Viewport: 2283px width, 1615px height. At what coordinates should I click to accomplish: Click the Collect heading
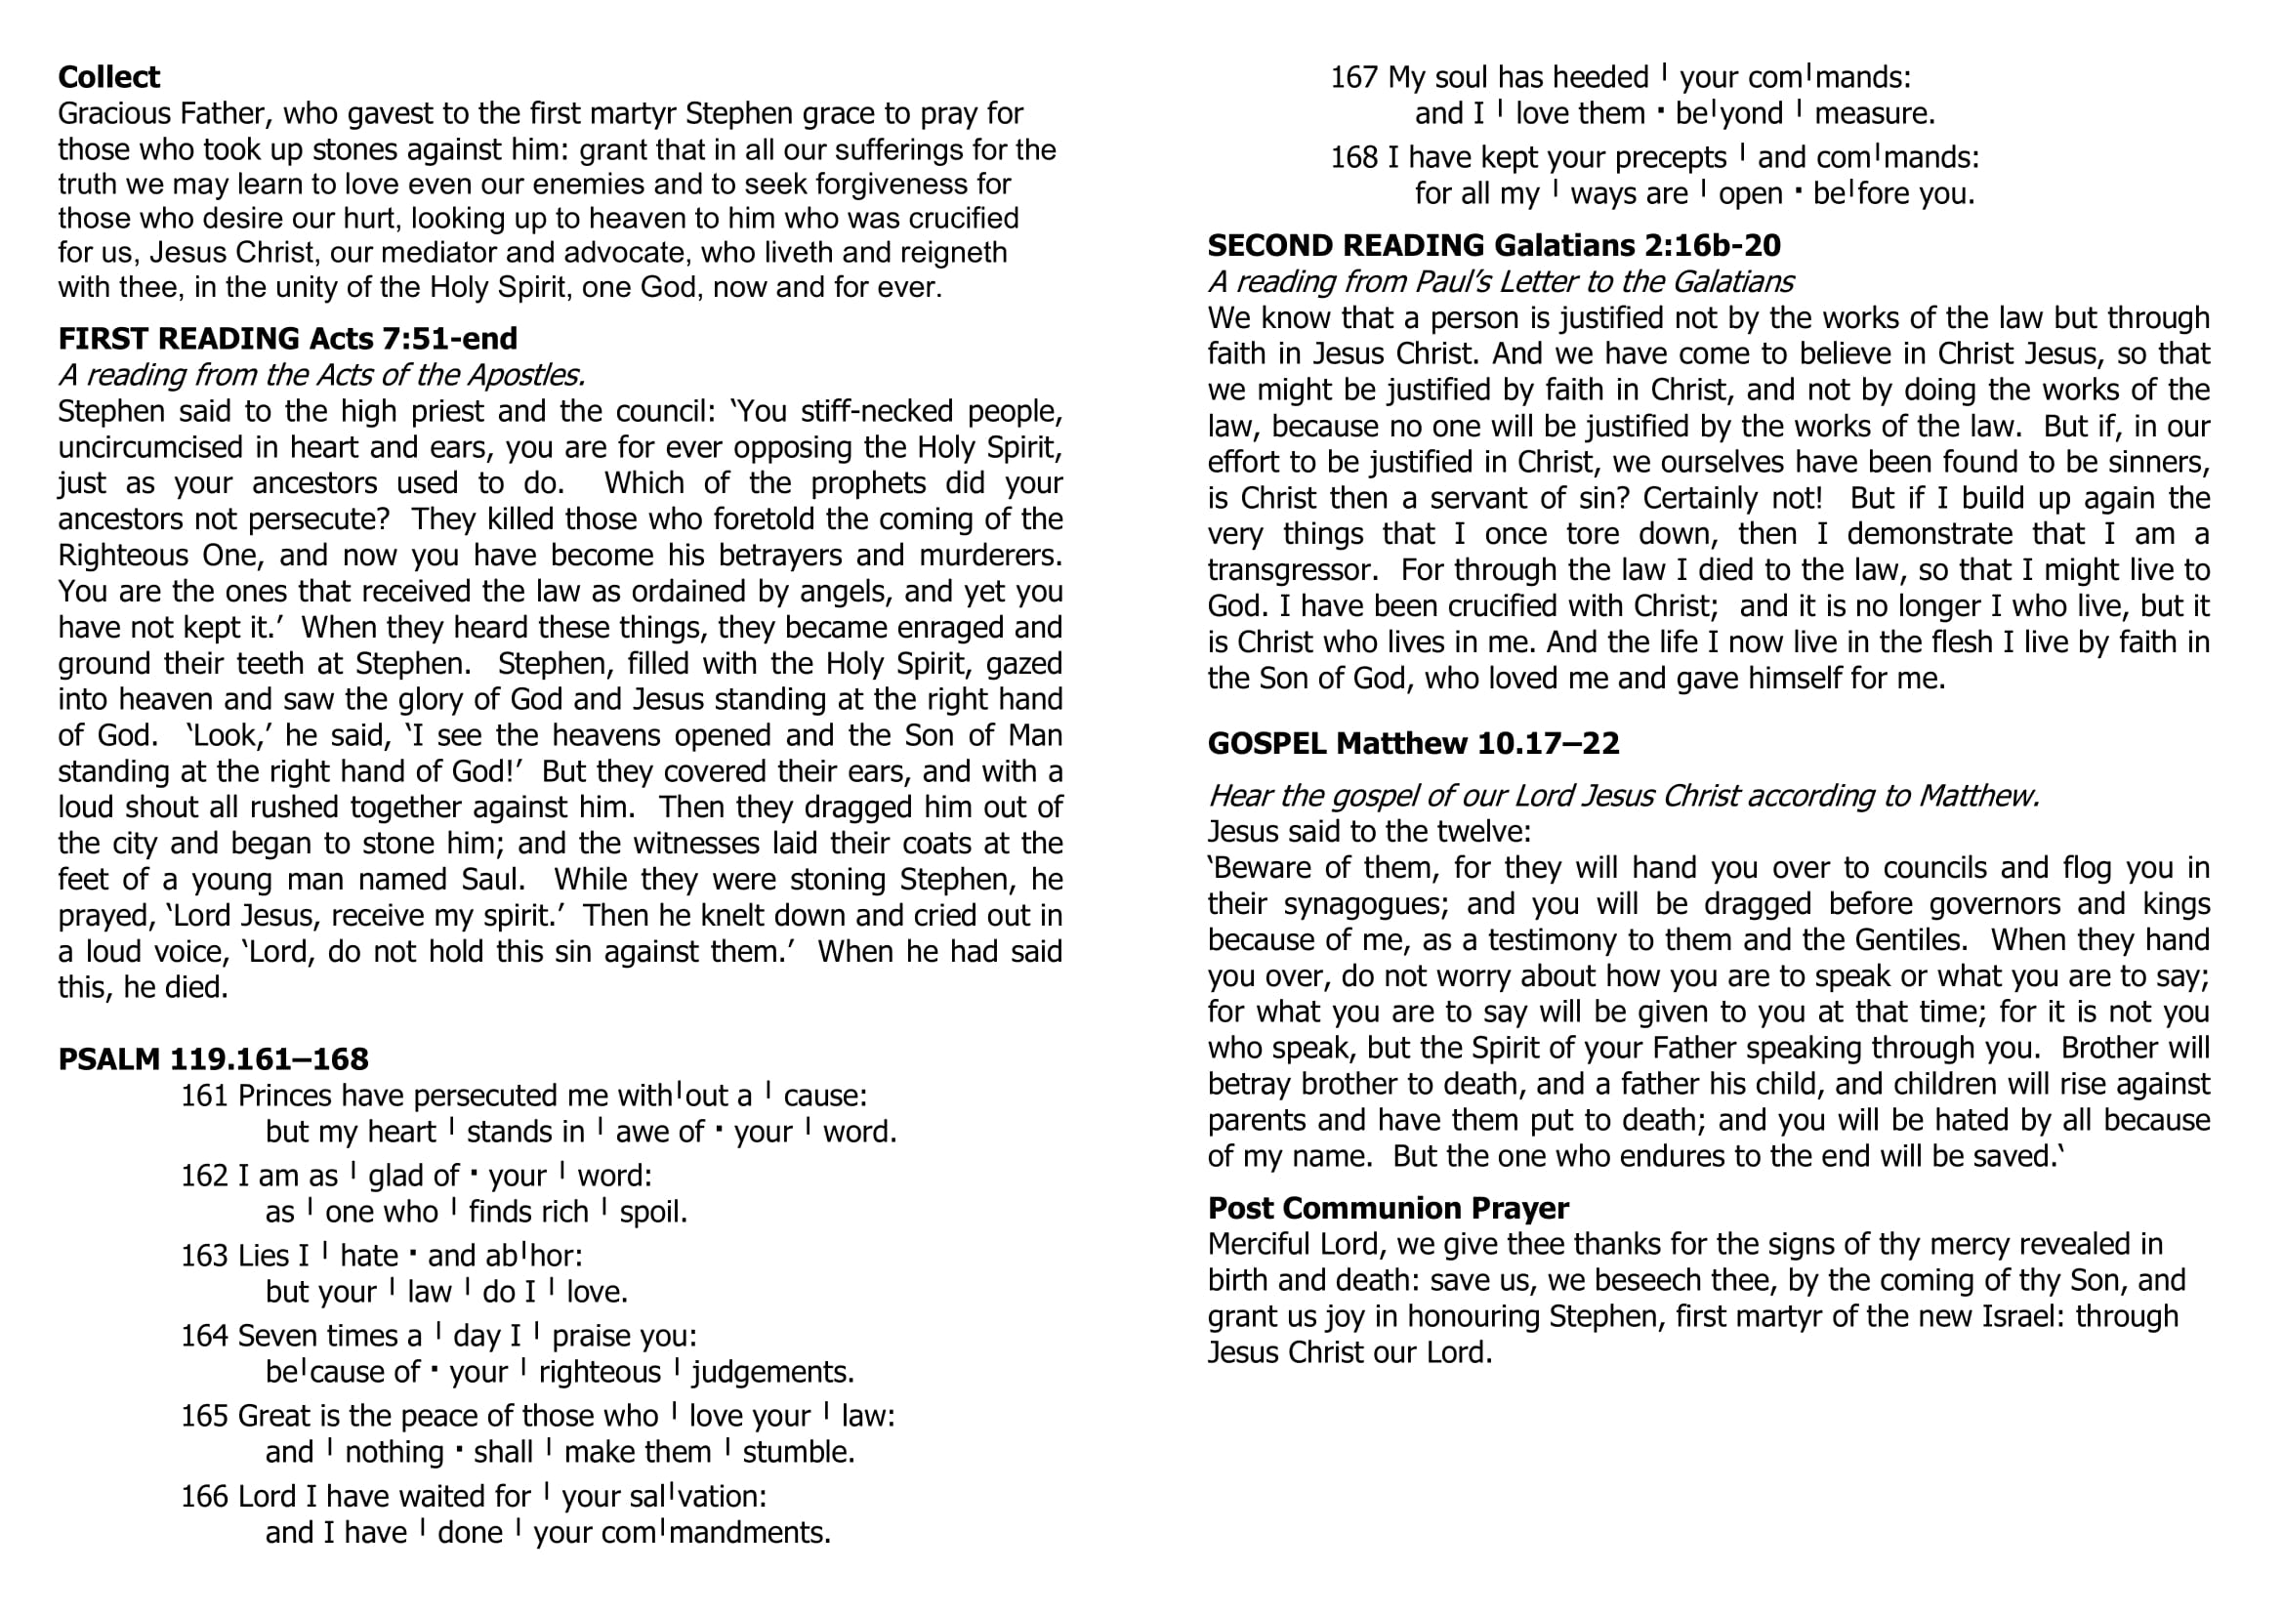tap(108, 77)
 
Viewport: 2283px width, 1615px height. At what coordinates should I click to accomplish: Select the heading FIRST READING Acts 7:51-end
tap(287, 339)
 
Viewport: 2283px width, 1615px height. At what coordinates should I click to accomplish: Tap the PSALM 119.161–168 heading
tap(213, 1059)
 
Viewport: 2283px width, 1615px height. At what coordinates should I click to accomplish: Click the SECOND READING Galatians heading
tap(1493, 246)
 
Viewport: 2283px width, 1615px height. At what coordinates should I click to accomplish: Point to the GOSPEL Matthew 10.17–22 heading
tap(1413, 743)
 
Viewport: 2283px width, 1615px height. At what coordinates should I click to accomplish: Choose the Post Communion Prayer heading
tap(1389, 1208)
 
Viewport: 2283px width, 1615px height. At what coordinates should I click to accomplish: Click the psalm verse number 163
tap(205, 1256)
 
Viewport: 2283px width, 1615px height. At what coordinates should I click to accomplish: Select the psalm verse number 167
tap(1354, 77)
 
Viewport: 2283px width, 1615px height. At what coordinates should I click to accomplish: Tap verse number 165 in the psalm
tap(205, 1416)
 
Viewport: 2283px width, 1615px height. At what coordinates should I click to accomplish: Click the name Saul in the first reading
tap(487, 880)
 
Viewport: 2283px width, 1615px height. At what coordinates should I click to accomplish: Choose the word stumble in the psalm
tap(798, 1453)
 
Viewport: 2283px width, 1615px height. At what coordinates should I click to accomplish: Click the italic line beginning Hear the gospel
tap(1623, 797)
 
